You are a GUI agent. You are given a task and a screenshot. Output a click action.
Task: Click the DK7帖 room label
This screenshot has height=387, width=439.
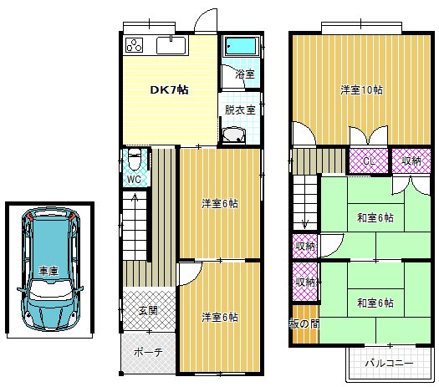coord(169,90)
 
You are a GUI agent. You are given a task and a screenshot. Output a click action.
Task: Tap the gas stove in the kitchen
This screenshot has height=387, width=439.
coord(134,45)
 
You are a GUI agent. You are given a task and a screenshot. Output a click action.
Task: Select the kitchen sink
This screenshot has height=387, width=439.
coord(171,45)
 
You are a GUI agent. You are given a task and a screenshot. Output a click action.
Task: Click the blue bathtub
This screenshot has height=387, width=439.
coord(241,46)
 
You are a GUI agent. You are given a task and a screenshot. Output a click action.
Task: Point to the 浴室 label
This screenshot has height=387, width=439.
coord(245,74)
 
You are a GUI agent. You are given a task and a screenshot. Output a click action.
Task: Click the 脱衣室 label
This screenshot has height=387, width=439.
coord(240,109)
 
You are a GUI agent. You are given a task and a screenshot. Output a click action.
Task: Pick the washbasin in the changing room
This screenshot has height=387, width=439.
coord(234,135)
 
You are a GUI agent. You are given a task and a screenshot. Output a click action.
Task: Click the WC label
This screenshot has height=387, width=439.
coord(134,180)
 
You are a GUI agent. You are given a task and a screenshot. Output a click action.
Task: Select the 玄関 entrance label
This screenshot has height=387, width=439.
coord(148,310)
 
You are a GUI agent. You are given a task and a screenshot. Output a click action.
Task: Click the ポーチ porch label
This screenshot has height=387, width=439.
coord(148,352)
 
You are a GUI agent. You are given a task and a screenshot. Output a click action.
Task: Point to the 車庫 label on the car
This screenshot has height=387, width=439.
coord(48,271)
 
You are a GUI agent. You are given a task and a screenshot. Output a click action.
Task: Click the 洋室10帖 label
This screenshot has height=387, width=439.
coord(361,89)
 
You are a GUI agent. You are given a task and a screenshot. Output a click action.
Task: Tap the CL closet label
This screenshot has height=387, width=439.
coord(369,161)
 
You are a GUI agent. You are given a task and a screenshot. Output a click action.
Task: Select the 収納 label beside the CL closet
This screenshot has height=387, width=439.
coord(411,160)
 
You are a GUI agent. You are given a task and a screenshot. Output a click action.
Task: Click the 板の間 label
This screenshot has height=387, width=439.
coord(304,323)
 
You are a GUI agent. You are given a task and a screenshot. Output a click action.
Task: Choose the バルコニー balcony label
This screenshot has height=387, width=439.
coord(389,364)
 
